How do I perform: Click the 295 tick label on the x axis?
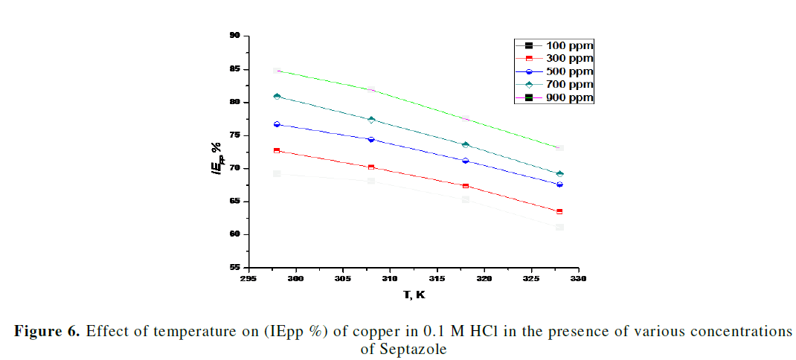(249, 279)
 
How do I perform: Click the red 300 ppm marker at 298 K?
(277, 150)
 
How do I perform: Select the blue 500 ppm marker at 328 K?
(559, 184)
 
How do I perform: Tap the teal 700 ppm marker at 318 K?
(466, 144)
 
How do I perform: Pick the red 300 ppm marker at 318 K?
(466, 186)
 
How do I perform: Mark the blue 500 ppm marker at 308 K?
(371, 139)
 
